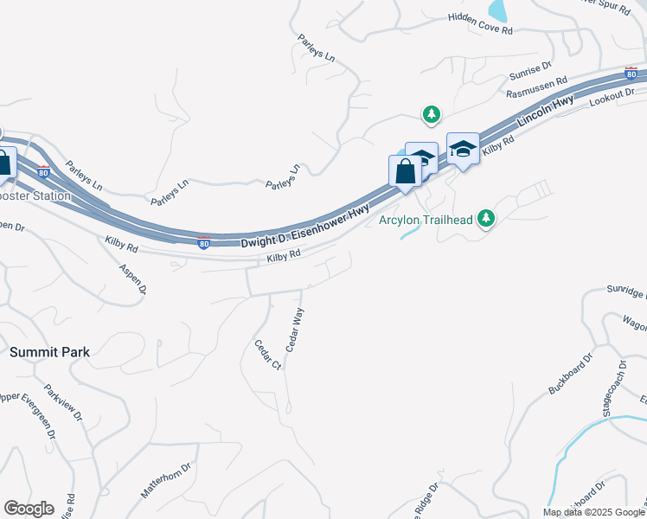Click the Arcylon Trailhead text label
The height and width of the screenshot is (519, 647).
click(x=426, y=220)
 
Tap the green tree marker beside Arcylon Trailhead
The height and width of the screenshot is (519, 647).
click(x=487, y=218)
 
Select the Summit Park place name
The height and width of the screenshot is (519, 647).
click(x=50, y=352)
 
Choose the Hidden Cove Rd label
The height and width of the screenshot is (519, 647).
click(x=481, y=23)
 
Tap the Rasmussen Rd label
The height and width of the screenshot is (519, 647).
click(x=537, y=87)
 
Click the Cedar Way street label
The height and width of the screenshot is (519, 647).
click(x=295, y=329)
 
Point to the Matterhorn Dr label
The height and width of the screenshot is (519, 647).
click(x=166, y=480)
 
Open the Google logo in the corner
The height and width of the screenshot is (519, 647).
click(x=29, y=509)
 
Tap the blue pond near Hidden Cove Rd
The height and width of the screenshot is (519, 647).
click(x=497, y=10)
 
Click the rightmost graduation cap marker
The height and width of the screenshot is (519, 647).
click(x=463, y=150)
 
